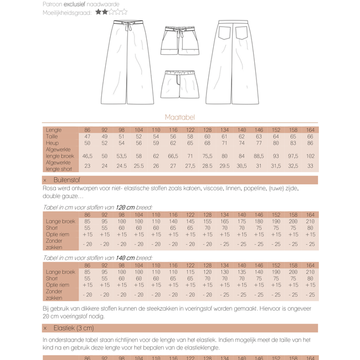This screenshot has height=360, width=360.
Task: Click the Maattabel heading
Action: tap(179, 117)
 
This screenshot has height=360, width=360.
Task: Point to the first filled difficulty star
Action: tap(98, 11)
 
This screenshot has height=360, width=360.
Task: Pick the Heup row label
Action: tap(53, 142)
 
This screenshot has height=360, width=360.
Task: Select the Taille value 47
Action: tap(88, 136)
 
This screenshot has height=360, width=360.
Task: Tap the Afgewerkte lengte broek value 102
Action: tap(310, 156)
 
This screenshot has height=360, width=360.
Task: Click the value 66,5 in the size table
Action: tap(173, 156)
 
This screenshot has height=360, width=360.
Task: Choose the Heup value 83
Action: tap(293, 142)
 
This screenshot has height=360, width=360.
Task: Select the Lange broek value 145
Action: tap(190, 222)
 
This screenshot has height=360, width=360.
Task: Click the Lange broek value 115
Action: tap(190, 272)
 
